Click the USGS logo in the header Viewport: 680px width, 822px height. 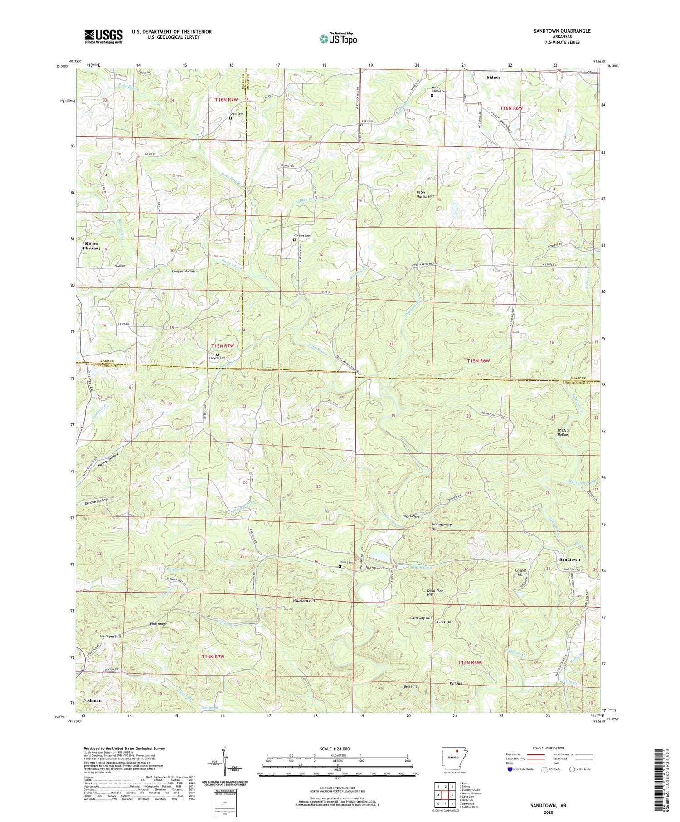pyautogui.click(x=103, y=36)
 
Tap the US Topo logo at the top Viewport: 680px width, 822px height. pyautogui.click(x=338, y=39)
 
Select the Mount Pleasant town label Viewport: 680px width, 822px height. pyautogui.click(x=91, y=246)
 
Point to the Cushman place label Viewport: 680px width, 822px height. pyautogui.click(x=92, y=700)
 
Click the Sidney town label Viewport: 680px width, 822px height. pyautogui.click(x=493, y=78)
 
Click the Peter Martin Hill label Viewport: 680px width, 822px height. pyautogui.click(x=425, y=194)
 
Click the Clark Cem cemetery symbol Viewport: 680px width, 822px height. pyautogui.click(x=340, y=566)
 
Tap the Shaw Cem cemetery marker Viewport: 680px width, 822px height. pyautogui.click(x=230, y=118)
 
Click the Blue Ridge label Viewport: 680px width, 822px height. pyautogui.click(x=158, y=624)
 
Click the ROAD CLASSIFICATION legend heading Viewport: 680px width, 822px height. pyautogui.click(x=549, y=749)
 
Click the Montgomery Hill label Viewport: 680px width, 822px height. pyautogui.click(x=441, y=526)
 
